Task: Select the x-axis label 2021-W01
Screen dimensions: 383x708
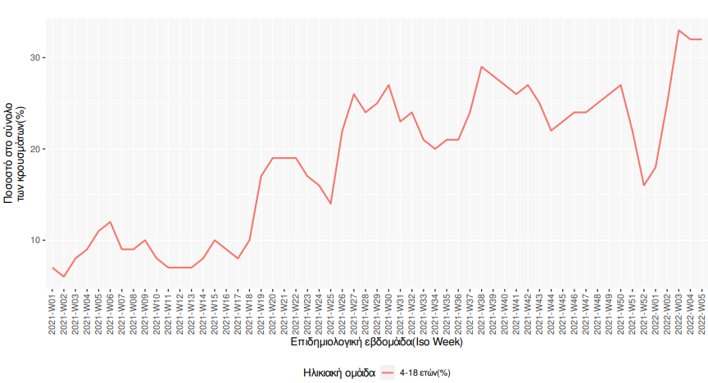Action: [x=52, y=309]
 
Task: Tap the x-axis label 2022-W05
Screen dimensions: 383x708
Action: [x=702, y=309]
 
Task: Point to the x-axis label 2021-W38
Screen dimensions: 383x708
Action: [x=482, y=309]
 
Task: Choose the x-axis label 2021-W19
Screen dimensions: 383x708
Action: [x=261, y=309]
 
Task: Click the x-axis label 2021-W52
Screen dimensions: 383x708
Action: [x=644, y=309]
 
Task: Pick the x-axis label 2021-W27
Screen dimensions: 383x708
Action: [x=354, y=309]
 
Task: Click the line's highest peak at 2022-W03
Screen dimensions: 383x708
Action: [x=678, y=30]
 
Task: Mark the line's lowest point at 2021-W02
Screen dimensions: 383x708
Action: [x=64, y=277]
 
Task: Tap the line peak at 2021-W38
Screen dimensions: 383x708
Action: [x=482, y=67]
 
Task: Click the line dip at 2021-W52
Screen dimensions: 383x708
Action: [x=644, y=185]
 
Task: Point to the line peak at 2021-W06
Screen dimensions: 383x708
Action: [x=111, y=222]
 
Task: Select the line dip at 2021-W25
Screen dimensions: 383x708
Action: [x=331, y=203]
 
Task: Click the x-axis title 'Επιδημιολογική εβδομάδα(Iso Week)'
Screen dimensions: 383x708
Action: [x=377, y=342]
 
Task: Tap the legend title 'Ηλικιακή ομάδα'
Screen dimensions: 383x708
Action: [x=338, y=373]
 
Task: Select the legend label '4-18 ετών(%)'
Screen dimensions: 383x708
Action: [x=425, y=373]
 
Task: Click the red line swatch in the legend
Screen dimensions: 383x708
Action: [x=388, y=373]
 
